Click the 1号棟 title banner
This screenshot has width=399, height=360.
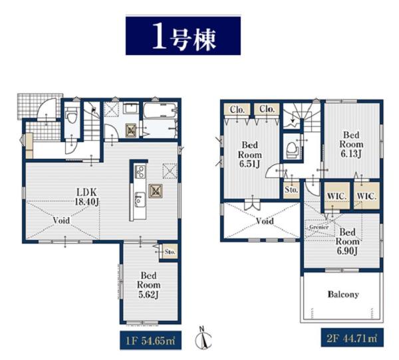183,36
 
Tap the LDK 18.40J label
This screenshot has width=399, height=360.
86,197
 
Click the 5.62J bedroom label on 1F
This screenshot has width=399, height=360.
149,285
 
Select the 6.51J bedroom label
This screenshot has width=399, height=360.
249,155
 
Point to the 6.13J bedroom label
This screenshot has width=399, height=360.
351,144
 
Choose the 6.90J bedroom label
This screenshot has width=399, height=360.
347,242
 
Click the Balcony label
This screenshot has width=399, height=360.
343,294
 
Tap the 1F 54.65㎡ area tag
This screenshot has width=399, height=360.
151,340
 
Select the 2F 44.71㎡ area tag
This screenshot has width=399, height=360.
352,337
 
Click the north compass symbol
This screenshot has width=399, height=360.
203,338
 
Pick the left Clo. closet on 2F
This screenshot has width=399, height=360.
237,110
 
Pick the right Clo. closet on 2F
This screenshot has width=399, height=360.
267,110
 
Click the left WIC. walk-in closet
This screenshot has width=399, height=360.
336,196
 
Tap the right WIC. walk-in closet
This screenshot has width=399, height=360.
366,196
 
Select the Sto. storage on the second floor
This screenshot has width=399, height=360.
291,189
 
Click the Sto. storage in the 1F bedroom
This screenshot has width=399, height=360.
170,252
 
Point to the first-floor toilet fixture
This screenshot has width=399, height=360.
72,115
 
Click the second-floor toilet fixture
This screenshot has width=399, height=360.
292,151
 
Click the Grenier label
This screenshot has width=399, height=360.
319,227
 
